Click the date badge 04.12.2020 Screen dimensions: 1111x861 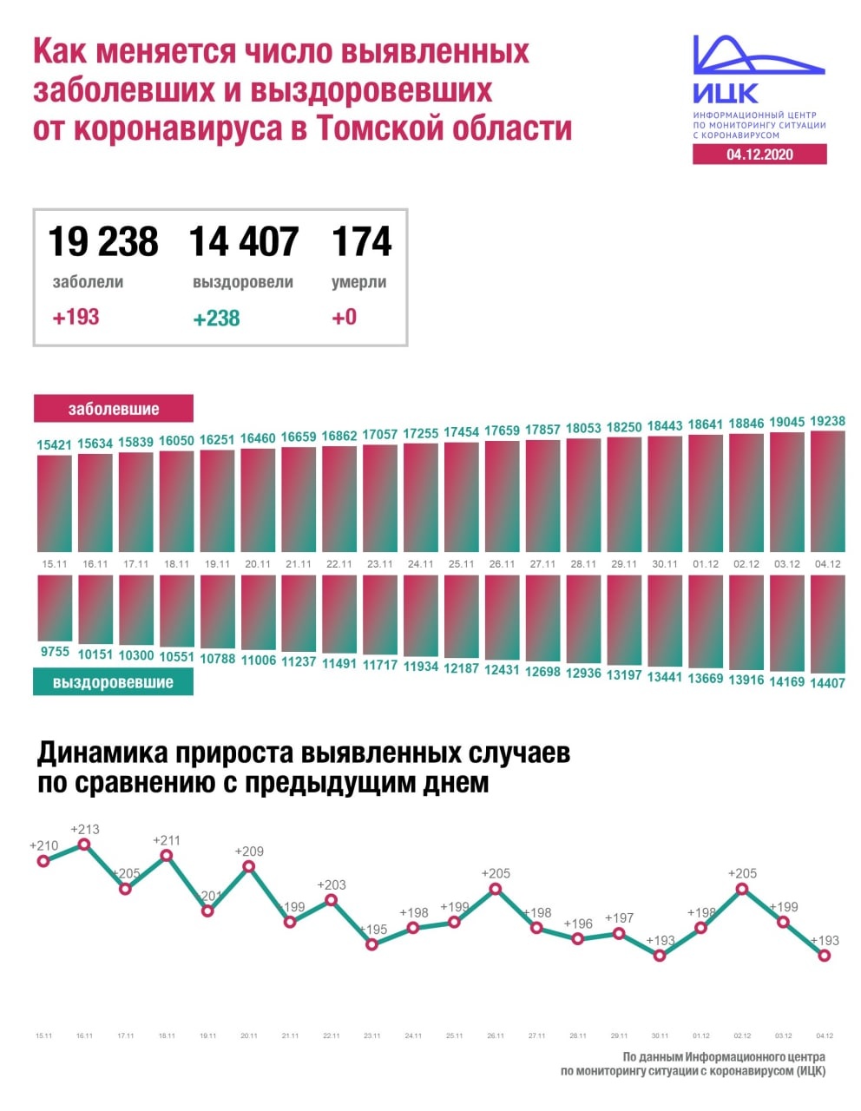[759, 154]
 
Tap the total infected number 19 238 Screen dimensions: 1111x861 [103, 241]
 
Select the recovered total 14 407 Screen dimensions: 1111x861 [244, 241]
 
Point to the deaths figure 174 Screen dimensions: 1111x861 [361, 241]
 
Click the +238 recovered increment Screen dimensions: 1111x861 [216, 319]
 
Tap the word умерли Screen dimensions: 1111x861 [358, 282]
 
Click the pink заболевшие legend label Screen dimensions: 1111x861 [114, 408]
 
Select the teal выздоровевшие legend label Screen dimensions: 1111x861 [114, 682]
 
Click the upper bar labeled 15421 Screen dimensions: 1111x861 [54, 503]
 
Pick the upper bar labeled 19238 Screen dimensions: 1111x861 [827, 491]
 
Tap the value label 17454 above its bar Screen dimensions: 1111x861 [462, 432]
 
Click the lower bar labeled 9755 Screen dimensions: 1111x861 [54, 608]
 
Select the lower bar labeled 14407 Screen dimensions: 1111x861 [827, 624]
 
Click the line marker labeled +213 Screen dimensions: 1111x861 [84, 844]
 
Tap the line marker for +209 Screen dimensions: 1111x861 [249, 866]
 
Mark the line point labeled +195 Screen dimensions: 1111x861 [372, 944]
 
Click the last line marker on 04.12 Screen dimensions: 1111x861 [825, 956]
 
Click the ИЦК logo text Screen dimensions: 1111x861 [726, 94]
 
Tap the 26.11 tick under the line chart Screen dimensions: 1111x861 [496, 1035]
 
